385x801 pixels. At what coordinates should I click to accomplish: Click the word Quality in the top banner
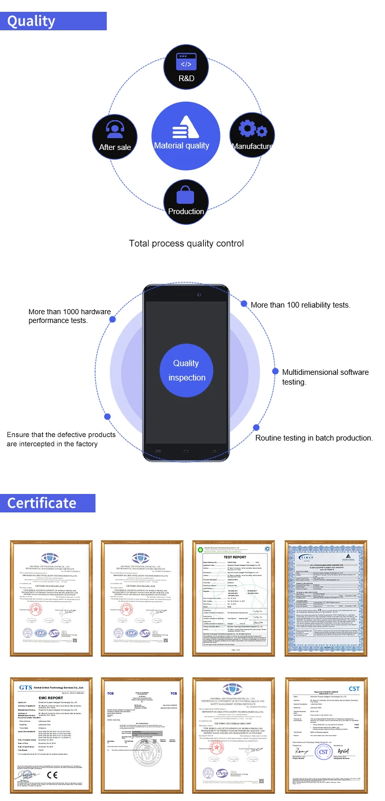point(31,21)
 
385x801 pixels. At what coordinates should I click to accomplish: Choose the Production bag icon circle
point(186,201)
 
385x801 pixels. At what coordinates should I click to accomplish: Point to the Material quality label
point(182,146)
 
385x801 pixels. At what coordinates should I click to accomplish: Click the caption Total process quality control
point(186,243)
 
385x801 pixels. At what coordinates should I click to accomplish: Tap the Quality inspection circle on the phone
point(186,370)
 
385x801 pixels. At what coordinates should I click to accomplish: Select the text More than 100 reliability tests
point(300,305)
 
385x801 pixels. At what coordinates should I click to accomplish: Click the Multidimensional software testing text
point(325,377)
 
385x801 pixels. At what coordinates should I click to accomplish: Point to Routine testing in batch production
point(314,438)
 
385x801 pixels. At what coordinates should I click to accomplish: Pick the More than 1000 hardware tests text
point(69,316)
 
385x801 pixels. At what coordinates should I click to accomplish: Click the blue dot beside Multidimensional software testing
point(271,371)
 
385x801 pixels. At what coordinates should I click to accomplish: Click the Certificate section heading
point(42,503)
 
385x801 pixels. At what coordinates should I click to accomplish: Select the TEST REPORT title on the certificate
point(235,557)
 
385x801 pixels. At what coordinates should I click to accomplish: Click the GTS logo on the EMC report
point(26,688)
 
